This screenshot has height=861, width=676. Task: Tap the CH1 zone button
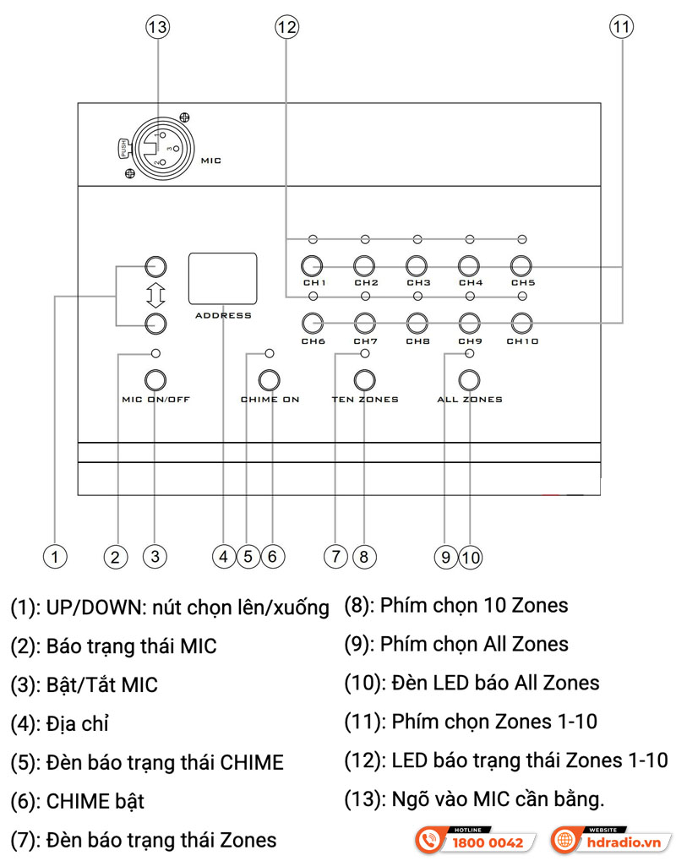click(x=313, y=265)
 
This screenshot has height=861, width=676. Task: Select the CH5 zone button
click(x=521, y=265)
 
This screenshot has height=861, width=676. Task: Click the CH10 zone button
click(x=521, y=322)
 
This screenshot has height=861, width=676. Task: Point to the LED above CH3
click(x=417, y=240)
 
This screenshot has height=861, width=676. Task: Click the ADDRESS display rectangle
click(x=222, y=277)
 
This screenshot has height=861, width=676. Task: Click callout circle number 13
click(x=157, y=26)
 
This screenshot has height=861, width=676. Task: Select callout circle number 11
click(x=621, y=26)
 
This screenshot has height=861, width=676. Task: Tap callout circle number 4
click(x=223, y=556)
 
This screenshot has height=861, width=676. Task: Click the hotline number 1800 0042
click(x=488, y=842)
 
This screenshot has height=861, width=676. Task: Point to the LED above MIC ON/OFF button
click(x=155, y=353)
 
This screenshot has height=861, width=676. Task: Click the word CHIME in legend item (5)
click(x=251, y=762)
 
